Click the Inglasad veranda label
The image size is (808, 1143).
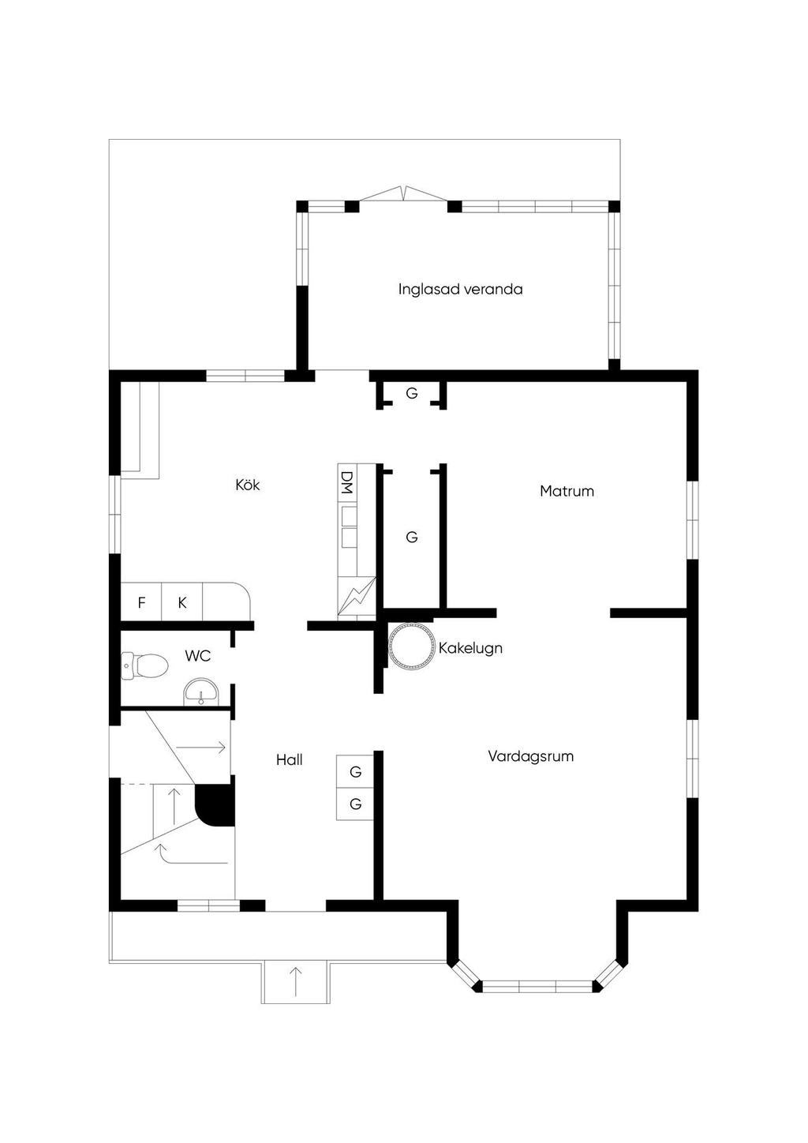[460, 290]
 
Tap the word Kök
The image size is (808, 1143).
[248, 484]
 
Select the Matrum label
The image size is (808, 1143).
[567, 491]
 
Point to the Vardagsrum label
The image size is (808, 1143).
[530, 756]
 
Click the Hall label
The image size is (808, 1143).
[290, 760]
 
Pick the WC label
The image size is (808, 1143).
[198, 656]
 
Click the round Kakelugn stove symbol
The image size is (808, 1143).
[411, 645]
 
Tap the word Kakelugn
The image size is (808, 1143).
[470, 649]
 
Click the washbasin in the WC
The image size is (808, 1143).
[201, 691]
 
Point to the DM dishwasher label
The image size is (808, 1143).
[347, 482]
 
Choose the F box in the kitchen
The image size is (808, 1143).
[140, 602]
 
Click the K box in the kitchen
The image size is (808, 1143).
[182, 602]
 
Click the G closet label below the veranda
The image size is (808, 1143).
[412, 393]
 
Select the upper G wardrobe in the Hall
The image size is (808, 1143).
[355, 772]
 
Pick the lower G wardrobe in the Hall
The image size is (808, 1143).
[355, 804]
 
